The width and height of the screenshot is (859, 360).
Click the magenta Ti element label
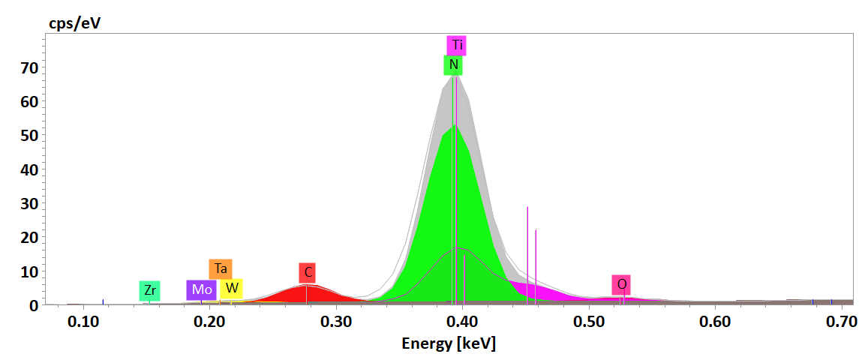[x=456, y=45]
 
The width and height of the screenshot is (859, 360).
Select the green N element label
[x=453, y=65]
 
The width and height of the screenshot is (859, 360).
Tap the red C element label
[x=307, y=272]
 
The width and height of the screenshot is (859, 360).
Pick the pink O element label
[x=621, y=285]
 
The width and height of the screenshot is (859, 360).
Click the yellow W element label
[x=232, y=288]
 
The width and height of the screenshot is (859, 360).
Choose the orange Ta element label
[x=221, y=268]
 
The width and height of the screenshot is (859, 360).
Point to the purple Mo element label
[x=201, y=290]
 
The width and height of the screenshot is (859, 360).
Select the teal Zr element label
[x=150, y=290]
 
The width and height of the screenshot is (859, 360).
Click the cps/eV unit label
[x=75, y=22]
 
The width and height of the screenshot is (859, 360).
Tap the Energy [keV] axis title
[x=449, y=344]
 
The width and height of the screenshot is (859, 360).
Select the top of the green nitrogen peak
[x=454, y=126]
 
